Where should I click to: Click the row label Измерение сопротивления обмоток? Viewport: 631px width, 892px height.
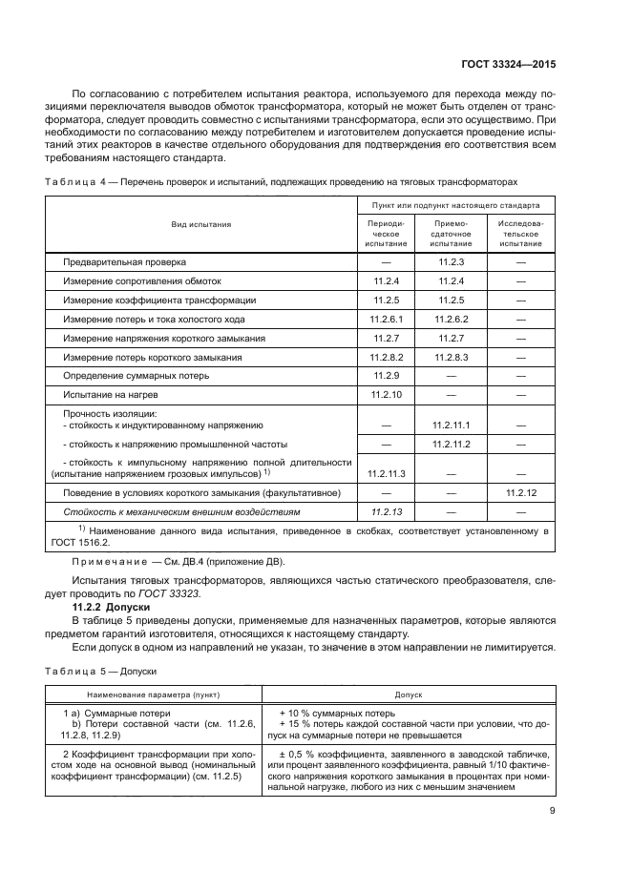(x=141, y=280)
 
